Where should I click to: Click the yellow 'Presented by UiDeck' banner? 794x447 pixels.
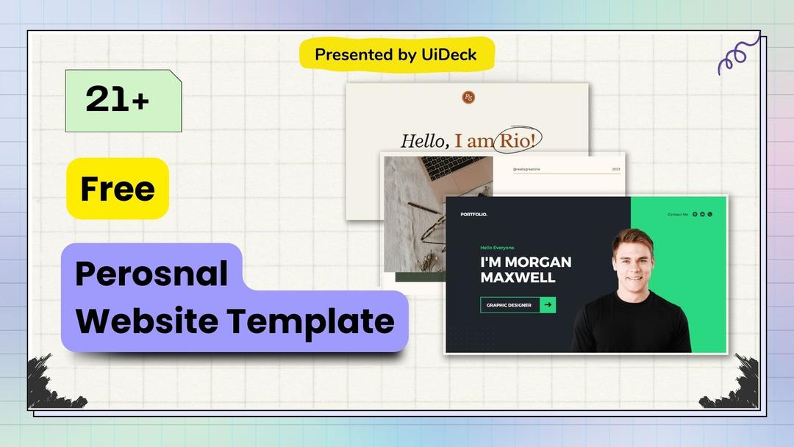click(x=396, y=54)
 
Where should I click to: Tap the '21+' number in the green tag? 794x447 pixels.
click(x=117, y=100)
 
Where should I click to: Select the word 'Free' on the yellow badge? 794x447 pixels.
click(x=118, y=189)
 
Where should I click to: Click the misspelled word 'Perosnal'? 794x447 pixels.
click(x=151, y=274)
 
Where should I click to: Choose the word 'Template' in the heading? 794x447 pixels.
click(x=310, y=321)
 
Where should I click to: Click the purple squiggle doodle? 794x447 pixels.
click(x=737, y=54)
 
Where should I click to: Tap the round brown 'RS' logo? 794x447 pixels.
click(x=468, y=97)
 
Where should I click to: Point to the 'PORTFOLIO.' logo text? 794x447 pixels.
click(x=473, y=215)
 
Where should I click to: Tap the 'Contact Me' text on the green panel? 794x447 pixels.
click(x=677, y=215)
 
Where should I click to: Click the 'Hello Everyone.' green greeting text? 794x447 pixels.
click(x=498, y=248)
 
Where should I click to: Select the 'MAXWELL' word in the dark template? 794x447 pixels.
click(x=518, y=278)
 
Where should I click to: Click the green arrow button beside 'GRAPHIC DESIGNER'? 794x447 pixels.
click(x=548, y=305)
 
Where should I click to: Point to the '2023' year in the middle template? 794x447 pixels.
click(x=615, y=169)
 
